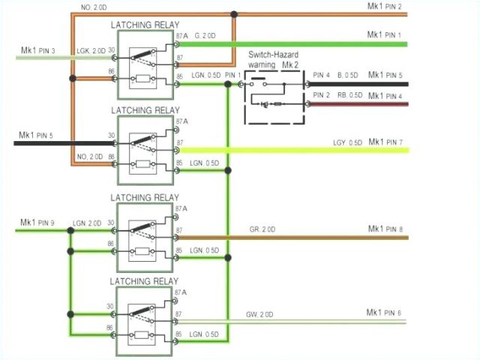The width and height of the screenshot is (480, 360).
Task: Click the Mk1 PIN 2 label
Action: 385,7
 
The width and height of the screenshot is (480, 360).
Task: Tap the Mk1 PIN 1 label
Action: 385,34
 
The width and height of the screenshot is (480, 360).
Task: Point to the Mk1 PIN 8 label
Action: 385,229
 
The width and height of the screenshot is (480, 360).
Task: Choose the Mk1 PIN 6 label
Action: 384,312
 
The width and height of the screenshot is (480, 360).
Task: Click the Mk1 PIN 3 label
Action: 37,51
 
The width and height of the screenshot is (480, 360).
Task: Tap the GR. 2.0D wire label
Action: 262,229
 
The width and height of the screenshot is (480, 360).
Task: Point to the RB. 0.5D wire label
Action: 349,95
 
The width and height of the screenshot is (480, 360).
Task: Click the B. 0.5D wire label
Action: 349,75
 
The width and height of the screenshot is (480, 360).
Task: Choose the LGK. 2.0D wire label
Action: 91,51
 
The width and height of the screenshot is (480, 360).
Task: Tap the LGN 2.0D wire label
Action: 87,223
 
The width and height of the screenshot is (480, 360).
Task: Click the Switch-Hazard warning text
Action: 274,60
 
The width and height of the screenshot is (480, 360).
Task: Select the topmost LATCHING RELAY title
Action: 145,25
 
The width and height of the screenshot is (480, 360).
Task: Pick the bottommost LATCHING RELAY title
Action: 145,280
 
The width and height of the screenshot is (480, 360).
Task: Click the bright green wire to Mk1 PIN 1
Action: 300,43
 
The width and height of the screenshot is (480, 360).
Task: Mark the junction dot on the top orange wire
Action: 234,14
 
